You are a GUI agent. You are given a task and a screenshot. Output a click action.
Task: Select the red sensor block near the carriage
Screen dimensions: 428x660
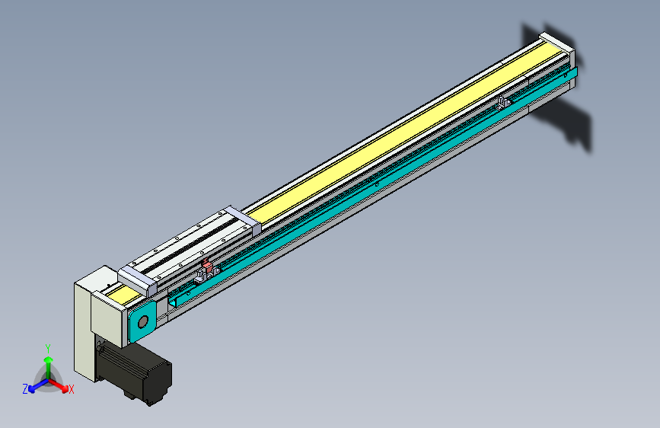pos(206,267)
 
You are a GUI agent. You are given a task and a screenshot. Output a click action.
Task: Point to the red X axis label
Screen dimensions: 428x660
pos(72,390)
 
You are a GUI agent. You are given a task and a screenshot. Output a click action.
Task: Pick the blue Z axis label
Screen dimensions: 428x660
pos(25,388)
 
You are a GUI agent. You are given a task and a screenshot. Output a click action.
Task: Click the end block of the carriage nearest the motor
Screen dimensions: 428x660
pos(138,279)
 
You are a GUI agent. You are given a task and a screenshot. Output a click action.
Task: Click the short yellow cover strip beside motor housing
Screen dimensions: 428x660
pos(118,292)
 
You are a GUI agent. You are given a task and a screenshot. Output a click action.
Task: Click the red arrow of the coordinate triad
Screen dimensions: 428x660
pos(60,385)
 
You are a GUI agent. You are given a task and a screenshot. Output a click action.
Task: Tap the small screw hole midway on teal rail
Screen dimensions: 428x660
pos(378,184)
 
